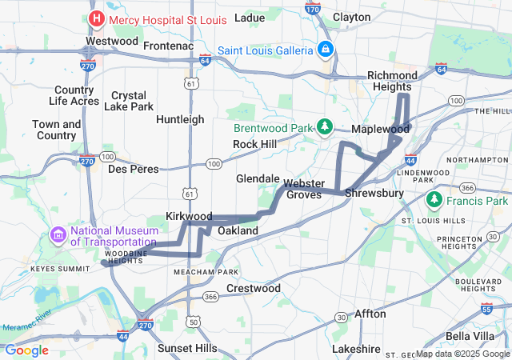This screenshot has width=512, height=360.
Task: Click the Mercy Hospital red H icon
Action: [x=97, y=18]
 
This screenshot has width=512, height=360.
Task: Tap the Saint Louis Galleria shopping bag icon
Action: [x=325, y=50]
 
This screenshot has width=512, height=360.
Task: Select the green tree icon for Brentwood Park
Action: [x=325, y=127]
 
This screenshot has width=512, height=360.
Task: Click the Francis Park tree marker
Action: [x=434, y=198]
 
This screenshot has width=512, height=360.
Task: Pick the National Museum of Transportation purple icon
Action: [x=58, y=235]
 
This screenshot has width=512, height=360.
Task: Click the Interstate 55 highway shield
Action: [x=487, y=308]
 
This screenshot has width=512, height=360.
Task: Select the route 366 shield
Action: [x=210, y=297]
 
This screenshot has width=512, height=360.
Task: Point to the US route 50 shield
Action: [x=194, y=321]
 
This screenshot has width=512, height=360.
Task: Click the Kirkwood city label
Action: [x=189, y=217]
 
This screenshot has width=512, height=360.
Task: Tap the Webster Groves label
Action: [x=304, y=189]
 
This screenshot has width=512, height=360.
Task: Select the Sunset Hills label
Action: [x=186, y=348]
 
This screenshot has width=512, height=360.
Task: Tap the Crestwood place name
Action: [x=254, y=287]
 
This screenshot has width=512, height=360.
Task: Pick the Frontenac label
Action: [x=169, y=46]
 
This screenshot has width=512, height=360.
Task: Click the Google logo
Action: [x=26, y=350]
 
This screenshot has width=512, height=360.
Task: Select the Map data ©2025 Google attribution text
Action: [x=462, y=354]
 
